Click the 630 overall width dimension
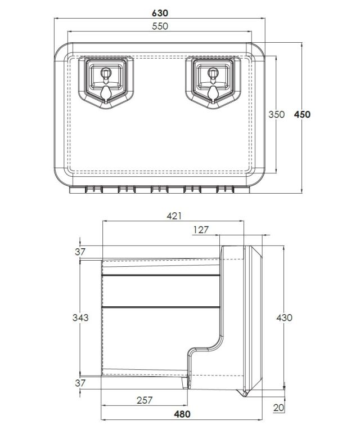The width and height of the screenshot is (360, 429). (160, 13)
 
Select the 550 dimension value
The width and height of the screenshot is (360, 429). (160, 26)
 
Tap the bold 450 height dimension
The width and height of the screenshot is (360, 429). (302, 114)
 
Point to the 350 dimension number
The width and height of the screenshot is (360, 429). (276, 114)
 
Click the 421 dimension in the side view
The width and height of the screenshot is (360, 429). (174, 216)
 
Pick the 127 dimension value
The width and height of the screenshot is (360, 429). (201, 230)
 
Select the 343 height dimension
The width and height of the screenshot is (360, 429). (80, 318)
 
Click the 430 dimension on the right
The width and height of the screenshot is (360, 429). (284, 318)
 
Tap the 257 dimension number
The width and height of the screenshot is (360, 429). (145, 400)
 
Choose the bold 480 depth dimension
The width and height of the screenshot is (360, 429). (182, 414)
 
